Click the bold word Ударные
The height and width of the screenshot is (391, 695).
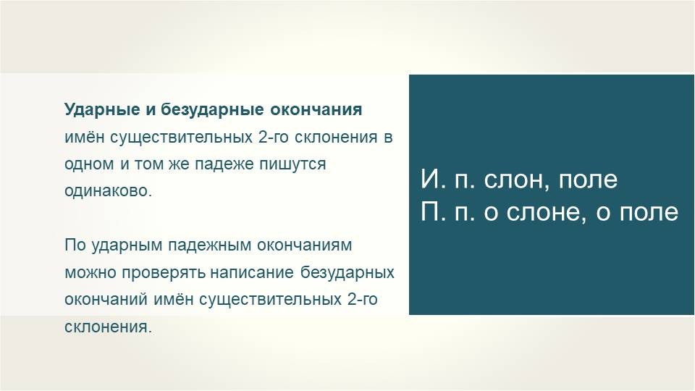tap(102, 110)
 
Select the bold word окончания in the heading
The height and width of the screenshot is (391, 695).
tap(316, 109)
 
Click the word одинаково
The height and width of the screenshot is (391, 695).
tap(108, 191)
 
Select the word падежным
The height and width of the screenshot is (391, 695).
tap(209, 245)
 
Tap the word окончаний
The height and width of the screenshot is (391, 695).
tap(106, 300)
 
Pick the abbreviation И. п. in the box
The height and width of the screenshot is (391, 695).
tap(449, 179)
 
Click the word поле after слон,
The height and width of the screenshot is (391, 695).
tap(588, 179)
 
